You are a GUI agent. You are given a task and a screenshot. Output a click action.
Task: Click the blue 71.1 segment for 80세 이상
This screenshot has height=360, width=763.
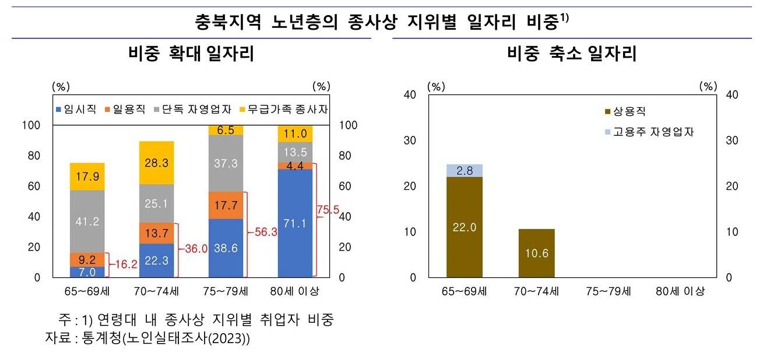click(296, 223)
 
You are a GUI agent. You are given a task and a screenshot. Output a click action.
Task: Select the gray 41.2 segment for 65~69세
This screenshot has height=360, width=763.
click(87, 221)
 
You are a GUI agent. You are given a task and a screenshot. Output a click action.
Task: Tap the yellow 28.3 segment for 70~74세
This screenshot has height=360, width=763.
click(156, 163)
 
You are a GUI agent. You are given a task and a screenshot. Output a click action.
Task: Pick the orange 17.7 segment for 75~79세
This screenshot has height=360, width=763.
click(226, 205)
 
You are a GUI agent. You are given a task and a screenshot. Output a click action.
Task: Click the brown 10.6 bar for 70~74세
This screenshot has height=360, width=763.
click(536, 253)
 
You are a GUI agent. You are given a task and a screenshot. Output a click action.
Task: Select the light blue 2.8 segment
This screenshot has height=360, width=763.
click(464, 170)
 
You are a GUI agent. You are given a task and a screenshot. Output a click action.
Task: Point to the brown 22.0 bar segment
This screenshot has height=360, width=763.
click(464, 227)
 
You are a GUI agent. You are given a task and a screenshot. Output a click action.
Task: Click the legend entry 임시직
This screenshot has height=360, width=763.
click(76, 110)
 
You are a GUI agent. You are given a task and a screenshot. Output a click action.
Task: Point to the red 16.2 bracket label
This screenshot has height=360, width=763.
click(126, 264)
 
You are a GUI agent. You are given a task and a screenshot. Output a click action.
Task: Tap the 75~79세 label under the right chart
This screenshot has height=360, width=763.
click(609, 291)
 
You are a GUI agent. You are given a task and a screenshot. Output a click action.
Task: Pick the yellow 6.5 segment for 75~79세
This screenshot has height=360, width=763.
click(226, 130)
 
